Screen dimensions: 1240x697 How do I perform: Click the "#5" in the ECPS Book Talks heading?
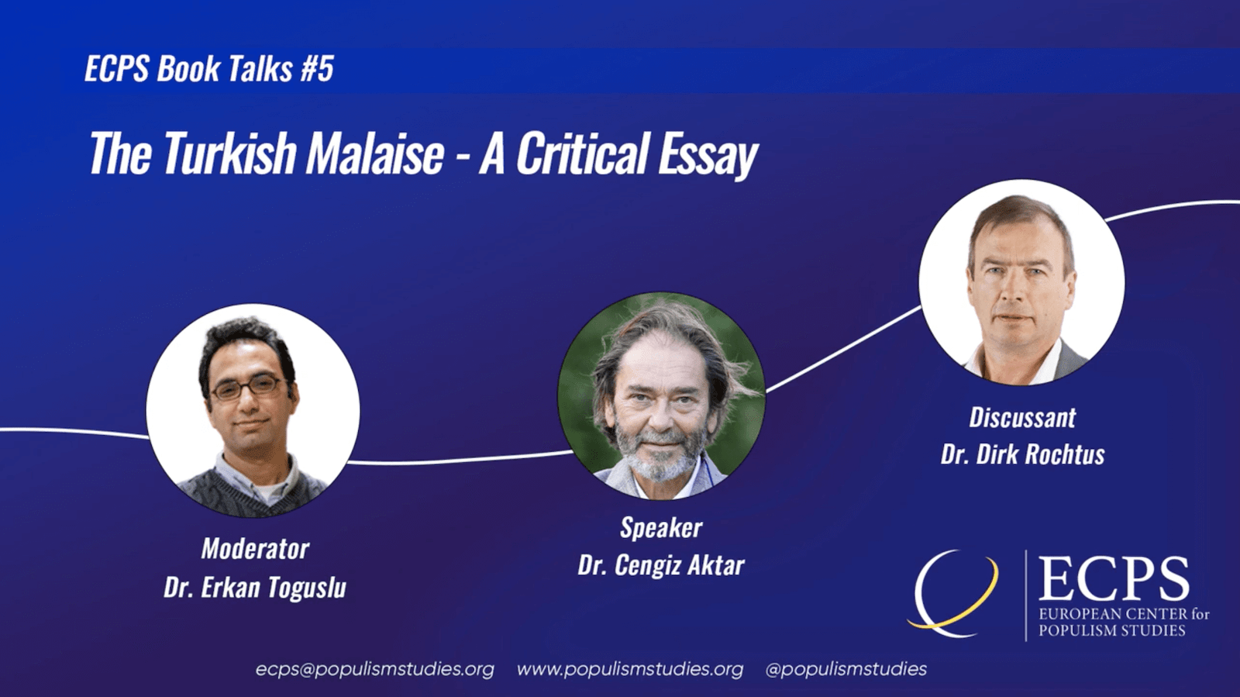(x=317, y=70)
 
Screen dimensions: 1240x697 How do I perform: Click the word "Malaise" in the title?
(x=375, y=154)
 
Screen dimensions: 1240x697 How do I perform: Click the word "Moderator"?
(x=255, y=549)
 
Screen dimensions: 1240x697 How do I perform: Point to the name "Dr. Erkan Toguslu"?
(x=255, y=587)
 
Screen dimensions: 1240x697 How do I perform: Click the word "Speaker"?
(x=661, y=528)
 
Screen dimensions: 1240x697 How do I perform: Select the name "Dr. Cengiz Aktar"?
(x=661, y=565)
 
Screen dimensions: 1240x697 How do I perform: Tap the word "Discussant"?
(x=1022, y=417)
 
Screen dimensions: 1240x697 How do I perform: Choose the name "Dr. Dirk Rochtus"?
(x=1022, y=454)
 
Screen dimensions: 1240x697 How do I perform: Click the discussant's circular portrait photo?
(x=1022, y=282)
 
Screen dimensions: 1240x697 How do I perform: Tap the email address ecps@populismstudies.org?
(x=375, y=669)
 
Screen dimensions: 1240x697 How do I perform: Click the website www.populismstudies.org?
(x=630, y=669)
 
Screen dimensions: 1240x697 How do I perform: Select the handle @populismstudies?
(x=846, y=669)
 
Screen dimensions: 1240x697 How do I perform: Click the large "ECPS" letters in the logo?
(x=1114, y=579)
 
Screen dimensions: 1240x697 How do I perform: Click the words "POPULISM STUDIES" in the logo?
(x=1111, y=630)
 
